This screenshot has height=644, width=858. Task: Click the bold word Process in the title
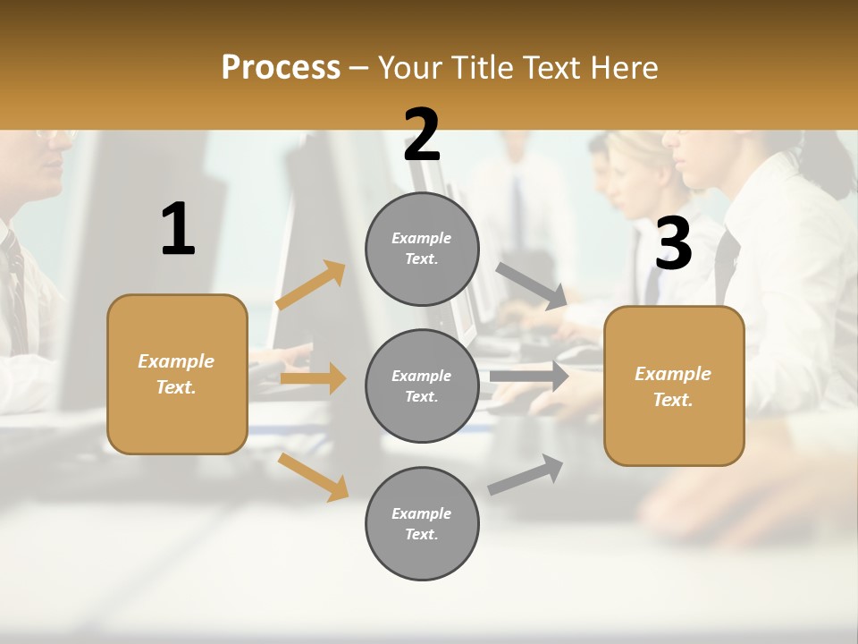(x=281, y=67)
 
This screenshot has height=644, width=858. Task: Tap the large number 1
(x=178, y=229)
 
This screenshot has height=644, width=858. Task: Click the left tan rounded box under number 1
(x=177, y=374)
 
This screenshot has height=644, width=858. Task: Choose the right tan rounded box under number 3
(x=674, y=386)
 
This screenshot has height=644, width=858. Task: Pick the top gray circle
(x=422, y=249)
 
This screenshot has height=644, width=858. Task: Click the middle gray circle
(x=422, y=386)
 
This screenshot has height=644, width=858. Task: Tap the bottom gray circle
(x=422, y=524)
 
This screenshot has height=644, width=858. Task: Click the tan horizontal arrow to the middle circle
(x=313, y=378)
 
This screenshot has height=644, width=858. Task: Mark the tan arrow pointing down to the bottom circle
(x=314, y=477)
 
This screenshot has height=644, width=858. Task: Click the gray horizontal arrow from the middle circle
(x=529, y=376)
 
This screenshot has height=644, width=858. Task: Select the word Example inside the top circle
(x=422, y=238)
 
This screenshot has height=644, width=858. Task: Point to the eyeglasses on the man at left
(x=55, y=136)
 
